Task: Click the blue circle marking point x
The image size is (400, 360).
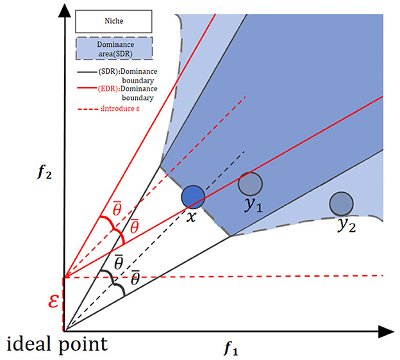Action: point(192,196)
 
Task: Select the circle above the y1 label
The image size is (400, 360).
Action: point(249,184)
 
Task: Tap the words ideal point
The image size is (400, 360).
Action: point(57,345)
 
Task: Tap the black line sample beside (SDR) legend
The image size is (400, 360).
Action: point(85,72)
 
